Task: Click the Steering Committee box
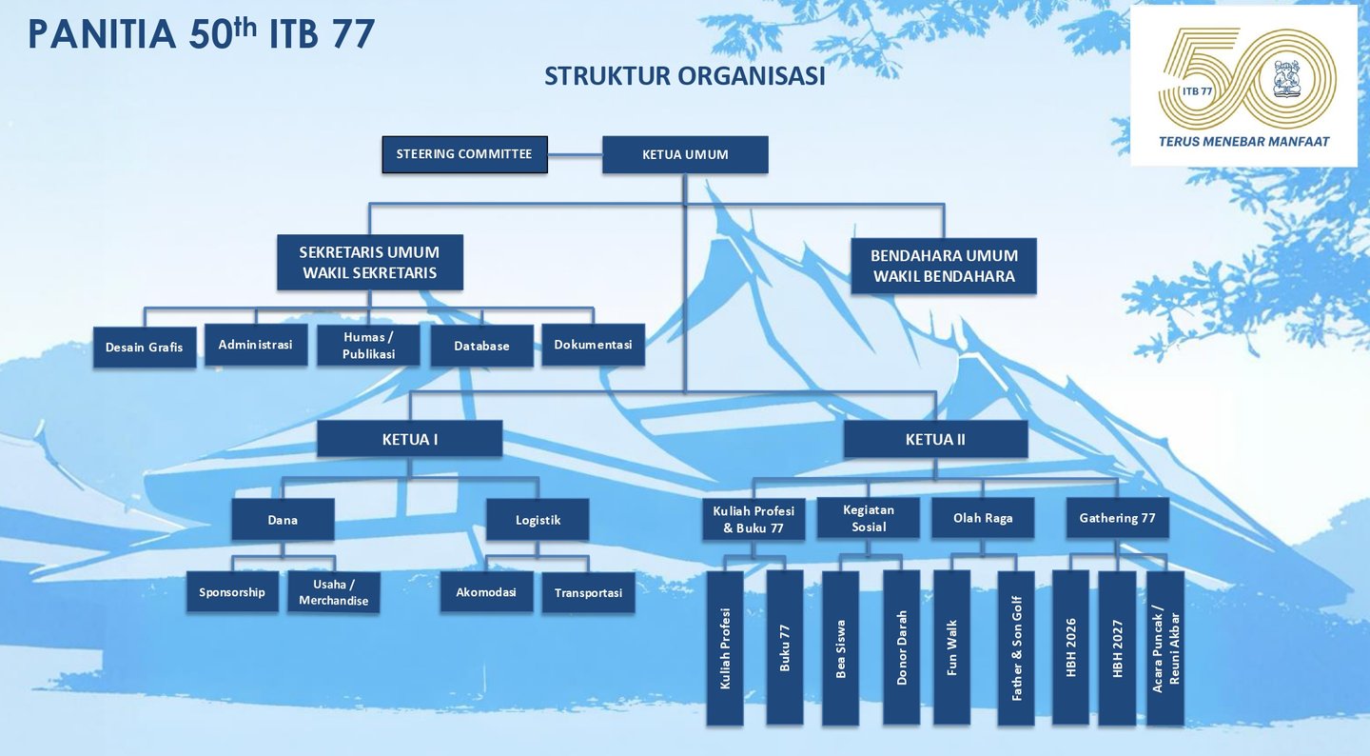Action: pyautogui.click(x=464, y=154)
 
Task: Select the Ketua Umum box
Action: pyautogui.click(x=685, y=154)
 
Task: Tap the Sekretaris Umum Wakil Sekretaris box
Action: pyautogui.click(x=369, y=263)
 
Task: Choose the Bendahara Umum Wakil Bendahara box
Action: pyautogui.click(x=944, y=267)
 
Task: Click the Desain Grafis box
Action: pyautogui.click(x=145, y=348)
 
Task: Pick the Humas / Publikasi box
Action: pyautogui.click(x=368, y=346)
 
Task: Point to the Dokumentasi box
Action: pyautogui.click(x=593, y=345)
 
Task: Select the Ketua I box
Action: pyautogui.click(x=409, y=439)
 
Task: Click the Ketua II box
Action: pyautogui.click(x=935, y=439)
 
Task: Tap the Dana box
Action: pyautogui.click(x=283, y=520)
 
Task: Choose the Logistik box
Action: pyautogui.click(x=538, y=520)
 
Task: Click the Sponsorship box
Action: pyautogui.click(x=232, y=592)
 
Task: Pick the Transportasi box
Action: pyautogui.click(x=588, y=592)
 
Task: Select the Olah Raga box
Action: pyautogui.click(x=983, y=518)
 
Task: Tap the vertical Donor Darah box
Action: pyautogui.click(x=901, y=647)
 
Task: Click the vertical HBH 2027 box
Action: pyautogui.click(x=1117, y=647)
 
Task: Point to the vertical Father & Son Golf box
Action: pyautogui.click(x=1016, y=647)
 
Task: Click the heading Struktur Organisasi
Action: pyautogui.click(x=684, y=76)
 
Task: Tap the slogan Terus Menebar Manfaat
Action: pyautogui.click(x=1243, y=141)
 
